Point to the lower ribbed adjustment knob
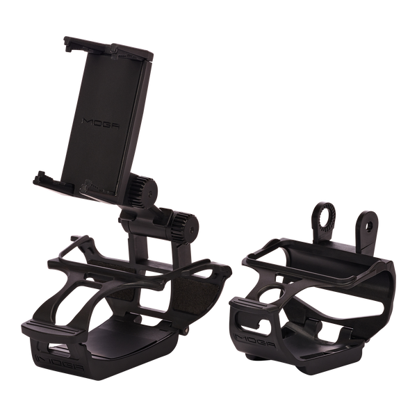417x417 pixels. click(x=184, y=225)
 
